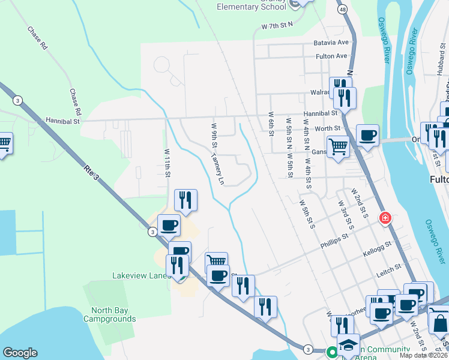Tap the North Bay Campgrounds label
(x=113, y=314)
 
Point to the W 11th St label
(x=167, y=163)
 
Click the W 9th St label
(x=214, y=138)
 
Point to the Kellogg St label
(x=377, y=249)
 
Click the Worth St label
(x=328, y=128)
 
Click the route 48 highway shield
(x=342, y=10)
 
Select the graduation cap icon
(x=348, y=344)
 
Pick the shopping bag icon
(x=440, y=323)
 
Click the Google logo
(x=20, y=353)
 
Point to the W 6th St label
(x=272, y=123)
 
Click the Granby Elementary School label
(x=252, y=6)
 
